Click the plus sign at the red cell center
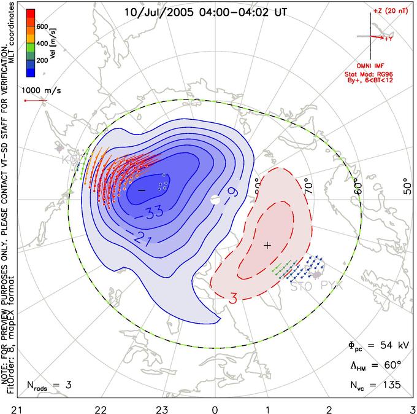pyautogui.click(x=267, y=245)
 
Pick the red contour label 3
pyautogui.click(x=234, y=299)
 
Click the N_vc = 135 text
pyautogui.click(x=373, y=385)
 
